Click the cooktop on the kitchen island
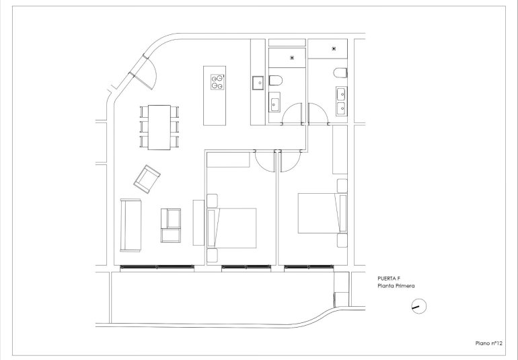tap(217, 81)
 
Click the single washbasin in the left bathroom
tap(274, 104)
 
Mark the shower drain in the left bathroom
tap(291, 58)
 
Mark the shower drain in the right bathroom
tap(334, 49)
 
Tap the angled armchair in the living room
tap(147, 177)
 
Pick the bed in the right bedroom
tap(317, 213)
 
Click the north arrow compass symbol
tap(418, 308)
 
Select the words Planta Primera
tap(396, 286)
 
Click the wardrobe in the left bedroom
tap(229, 159)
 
